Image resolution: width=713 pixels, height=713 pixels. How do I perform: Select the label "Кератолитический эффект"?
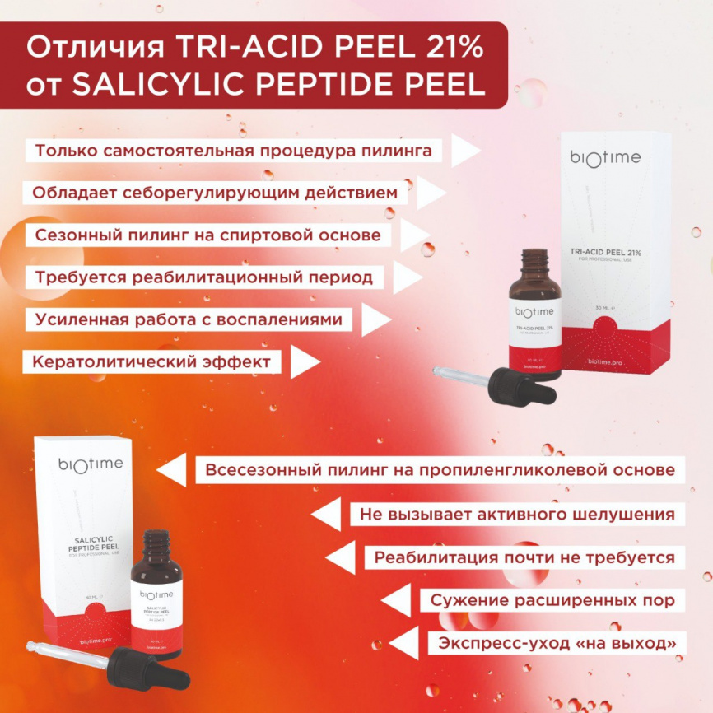pos(152,361)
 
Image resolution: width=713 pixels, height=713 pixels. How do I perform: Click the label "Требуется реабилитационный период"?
pos(203,277)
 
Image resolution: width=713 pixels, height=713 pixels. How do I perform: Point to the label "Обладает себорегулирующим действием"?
pos(220,193)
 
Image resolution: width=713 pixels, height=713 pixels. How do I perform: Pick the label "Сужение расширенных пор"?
pos(552,600)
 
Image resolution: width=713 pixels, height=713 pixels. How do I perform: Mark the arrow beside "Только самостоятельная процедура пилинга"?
pos(465,151)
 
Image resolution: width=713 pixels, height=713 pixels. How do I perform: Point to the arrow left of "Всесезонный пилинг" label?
pos(171,471)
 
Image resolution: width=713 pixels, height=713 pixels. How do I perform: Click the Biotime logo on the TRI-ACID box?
pos(605,158)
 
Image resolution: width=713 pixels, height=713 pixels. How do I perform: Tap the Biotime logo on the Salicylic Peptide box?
pos(91,464)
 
